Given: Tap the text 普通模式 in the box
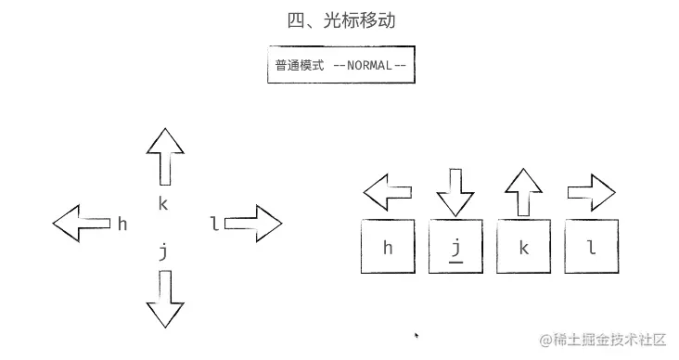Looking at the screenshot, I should pyautogui.click(x=299, y=66).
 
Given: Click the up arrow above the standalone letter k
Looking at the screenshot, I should pyautogui.click(x=165, y=157).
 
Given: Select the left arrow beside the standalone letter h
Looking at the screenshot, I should pyautogui.click(x=81, y=224).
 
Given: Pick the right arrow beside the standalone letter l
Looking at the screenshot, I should pyautogui.click(x=252, y=224).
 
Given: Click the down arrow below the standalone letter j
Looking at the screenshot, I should pyautogui.click(x=165, y=298).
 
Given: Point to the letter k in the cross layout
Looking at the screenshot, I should pyautogui.click(x=163, y=203).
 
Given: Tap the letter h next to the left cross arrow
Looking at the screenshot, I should pyautogui.click(x=122, y=224).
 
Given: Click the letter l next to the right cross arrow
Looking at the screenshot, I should pyautogui.click(x=214, y=224).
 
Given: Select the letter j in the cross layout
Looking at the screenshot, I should pyautogui.click(x=163, y=251).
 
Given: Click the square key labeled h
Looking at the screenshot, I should pyautogui.click(x=388, y=247).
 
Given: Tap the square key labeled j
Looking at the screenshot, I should pyautogui.click(x=455, y=247).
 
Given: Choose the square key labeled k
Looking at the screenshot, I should pyautogui.click(x=524, y=247).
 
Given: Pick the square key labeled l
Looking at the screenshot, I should pyautogui.click(x=591, y=247).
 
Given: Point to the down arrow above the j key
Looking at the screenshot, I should pyautogui.click(x=455, y=192).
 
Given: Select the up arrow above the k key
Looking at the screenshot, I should pyautogui.click(x=524, y=192).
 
